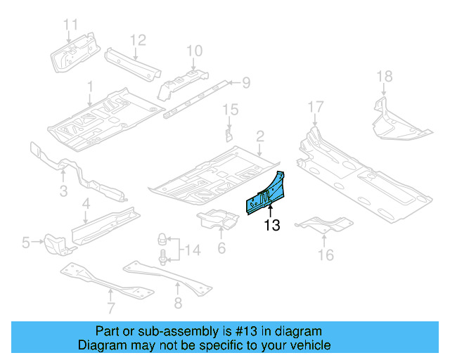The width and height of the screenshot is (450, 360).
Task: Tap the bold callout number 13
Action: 272,225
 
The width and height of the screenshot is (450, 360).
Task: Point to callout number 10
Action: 194,50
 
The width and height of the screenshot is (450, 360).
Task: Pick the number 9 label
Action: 245,84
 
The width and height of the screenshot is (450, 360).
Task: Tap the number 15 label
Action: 231,109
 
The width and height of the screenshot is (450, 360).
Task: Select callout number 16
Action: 326,255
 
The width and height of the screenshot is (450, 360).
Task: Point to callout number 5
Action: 26,243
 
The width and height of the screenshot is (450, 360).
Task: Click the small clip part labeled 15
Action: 229,134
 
